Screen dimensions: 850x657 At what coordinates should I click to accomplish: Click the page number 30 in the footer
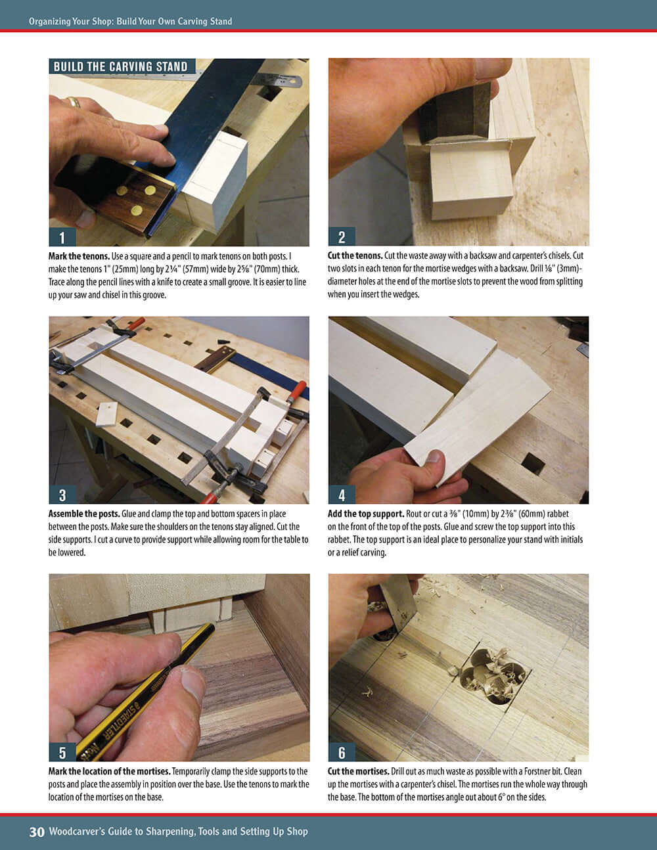[x=37, y=832]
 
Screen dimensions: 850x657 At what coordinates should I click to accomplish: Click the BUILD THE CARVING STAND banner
[x=121, y=66]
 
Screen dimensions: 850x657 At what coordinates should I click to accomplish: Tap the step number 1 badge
[x=62, y=237]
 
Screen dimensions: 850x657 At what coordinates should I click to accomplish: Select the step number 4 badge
[x=342, y=495]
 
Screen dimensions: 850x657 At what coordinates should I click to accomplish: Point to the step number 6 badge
[x=342, y=752]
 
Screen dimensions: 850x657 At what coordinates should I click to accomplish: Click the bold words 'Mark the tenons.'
[x=79, y=256]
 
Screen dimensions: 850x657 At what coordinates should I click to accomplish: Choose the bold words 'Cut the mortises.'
[x=358, y=771]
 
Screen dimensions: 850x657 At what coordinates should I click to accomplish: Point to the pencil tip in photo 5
[x=211, y=626]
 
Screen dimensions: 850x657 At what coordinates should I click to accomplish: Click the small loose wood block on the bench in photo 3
[x=106, y=414]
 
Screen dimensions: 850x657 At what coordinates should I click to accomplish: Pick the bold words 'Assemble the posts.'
[x=84, y=514]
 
